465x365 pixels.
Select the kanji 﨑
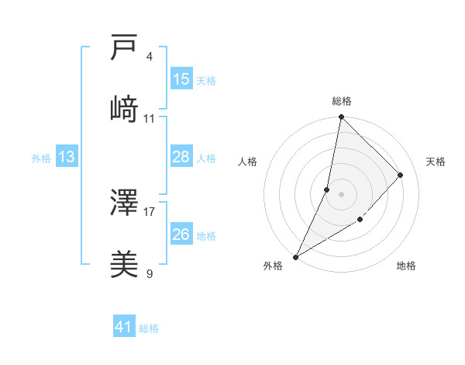[x=124, y=109]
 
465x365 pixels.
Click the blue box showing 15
[x=181, y=79]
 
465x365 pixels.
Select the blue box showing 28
[x=181, y=157]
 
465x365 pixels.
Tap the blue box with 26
[x=181, y=235]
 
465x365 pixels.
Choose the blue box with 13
[x=67, y=157]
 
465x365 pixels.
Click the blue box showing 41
[x=124, y=327]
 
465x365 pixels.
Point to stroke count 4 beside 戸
[x=149, y=57]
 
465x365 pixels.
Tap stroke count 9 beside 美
[x=149, y=273]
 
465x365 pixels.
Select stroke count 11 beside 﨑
[x=150, y=119]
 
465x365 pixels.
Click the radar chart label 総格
[x=341, y=101]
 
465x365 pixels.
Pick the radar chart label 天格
[x=436, y=162]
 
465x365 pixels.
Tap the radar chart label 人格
[x=248, y=162]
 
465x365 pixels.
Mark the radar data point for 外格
[x=295, y=256]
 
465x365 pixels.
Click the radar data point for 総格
[x=341, y=117]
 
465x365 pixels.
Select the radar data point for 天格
[x=401, y=175]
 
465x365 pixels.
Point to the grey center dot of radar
[x=341, y=193]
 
